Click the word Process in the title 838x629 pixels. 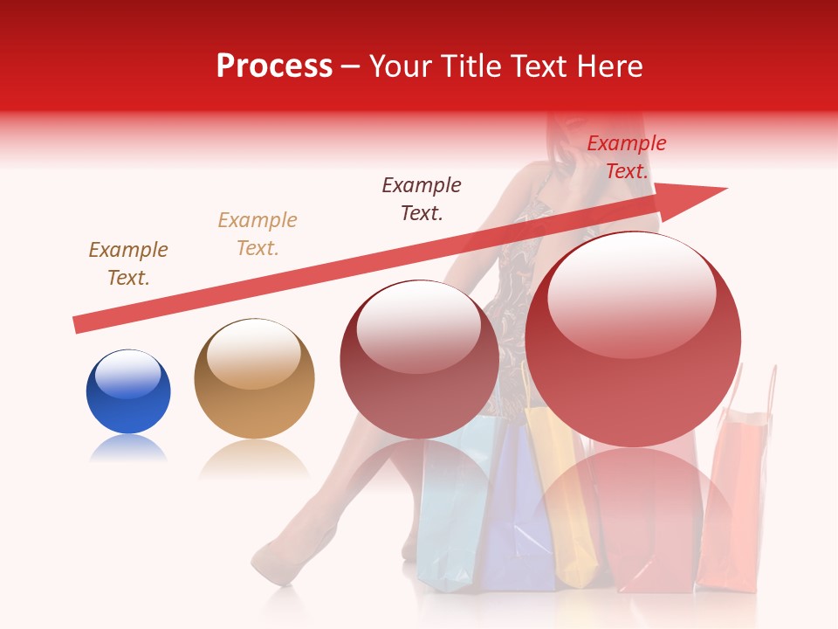point(274,66)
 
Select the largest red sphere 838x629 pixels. point(633,341)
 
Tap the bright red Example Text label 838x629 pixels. point(626,157)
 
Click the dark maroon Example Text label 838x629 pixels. point(422,199)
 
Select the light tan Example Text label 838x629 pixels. point(258,234)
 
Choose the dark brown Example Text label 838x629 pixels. point(128,264)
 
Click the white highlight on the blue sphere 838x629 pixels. point(127,373)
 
